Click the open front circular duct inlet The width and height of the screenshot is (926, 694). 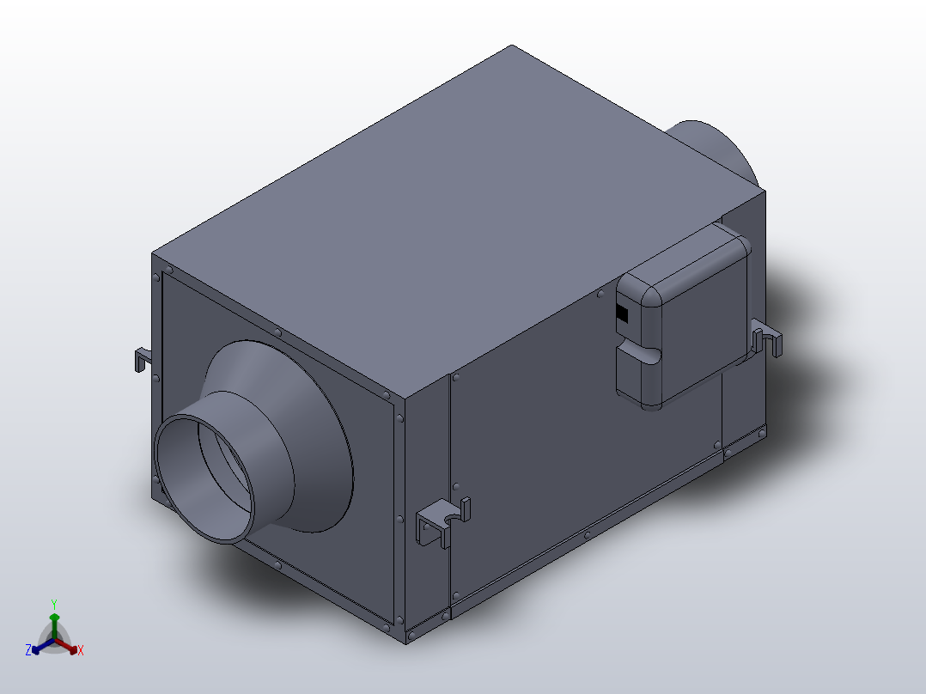(x=204, y=478)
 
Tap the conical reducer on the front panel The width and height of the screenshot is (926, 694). (x=308, y=437)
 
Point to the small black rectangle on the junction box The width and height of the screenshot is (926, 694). (x=622, y=314)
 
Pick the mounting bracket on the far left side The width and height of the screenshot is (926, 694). (x=143, y=359)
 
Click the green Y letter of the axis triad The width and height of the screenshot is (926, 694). (x=54, y=604)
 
